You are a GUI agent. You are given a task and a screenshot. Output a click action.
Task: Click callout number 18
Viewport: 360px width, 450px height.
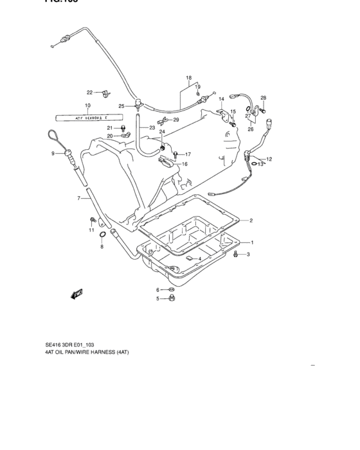point(189,78)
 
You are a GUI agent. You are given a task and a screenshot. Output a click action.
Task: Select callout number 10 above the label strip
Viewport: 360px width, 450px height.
point(87,105)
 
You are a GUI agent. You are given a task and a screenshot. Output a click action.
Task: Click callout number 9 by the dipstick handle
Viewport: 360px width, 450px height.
point(53,154)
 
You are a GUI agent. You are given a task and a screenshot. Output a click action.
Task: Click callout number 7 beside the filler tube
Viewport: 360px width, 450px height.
point(80,198)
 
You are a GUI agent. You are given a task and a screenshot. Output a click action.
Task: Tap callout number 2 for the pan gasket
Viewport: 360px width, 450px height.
point(251,221)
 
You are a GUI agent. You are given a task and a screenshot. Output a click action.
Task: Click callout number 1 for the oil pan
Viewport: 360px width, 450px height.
point(251,242)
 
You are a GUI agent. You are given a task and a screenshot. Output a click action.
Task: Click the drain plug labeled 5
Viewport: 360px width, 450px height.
point(172,298)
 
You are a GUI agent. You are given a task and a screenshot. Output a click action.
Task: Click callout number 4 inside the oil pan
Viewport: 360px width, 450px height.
point(200,258)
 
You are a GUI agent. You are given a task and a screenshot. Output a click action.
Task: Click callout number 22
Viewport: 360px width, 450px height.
point(90,93)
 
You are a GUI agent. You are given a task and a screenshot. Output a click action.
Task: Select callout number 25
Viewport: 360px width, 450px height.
point(121,106)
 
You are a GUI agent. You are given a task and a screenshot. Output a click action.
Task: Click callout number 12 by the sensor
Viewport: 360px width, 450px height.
point(269,159)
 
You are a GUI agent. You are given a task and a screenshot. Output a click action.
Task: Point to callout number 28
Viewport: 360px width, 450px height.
point(263,98)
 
